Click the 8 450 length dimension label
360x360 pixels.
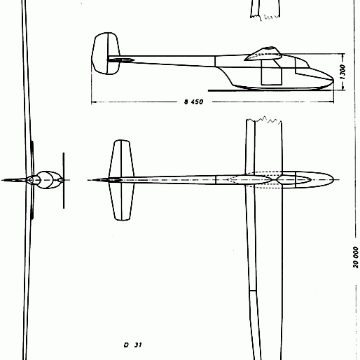tap(193, 102)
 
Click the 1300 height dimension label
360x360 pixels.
tap(342, 72)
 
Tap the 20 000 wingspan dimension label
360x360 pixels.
tap(356, 257)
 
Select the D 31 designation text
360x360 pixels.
tap(132, 345)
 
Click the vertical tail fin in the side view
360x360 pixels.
tap(106, 53)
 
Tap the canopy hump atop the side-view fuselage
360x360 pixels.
tap(263, 54)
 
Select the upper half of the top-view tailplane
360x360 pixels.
tap(121, 158)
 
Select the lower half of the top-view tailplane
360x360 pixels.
tap(122, 202)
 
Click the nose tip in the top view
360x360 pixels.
tap(333, 180)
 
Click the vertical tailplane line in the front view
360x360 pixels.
tap(64, 181)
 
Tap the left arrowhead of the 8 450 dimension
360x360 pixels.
tap(93, 102)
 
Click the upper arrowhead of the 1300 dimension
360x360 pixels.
tap(342, 56)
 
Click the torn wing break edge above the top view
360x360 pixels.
tap(264, 120)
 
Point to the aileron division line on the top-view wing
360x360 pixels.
tap(253, 291)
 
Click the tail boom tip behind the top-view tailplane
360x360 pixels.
tap(90, 180)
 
